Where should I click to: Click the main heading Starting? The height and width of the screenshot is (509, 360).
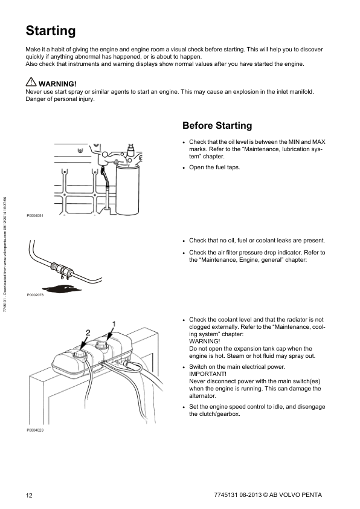pos(51,31)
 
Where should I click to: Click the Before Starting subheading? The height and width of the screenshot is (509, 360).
pos(217,125)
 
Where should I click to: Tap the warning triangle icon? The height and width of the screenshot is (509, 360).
pos(31,82)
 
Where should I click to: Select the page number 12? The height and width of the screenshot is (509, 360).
pos(29,495)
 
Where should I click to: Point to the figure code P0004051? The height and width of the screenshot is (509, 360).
pos(35,216)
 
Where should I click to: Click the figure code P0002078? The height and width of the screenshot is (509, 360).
pos(35,295)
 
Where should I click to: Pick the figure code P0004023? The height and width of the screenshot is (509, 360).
pos(35,430)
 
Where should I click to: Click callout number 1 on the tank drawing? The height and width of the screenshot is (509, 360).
pos(114,324)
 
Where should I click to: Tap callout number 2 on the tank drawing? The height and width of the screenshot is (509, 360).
pos(88,332)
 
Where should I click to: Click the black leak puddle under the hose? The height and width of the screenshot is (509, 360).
pos(62,288)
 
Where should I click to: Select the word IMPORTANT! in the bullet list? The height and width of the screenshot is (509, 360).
pos(208,374)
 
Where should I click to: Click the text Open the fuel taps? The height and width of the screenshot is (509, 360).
pos(214,167)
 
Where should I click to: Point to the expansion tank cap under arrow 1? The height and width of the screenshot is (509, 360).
pos(102,346)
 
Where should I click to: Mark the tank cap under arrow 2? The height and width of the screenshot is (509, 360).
pos(80,354)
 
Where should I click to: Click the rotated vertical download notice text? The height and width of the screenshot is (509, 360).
pos(5,254)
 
